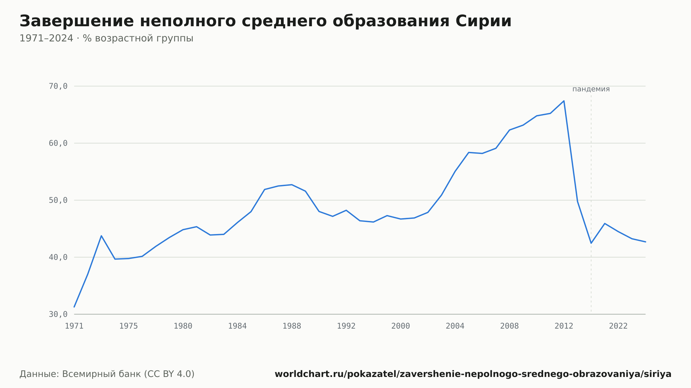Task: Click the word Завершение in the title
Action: click(x=77, y=21)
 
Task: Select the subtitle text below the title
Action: click(x=106, y=38)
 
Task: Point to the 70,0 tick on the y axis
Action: click(x=58, y=86)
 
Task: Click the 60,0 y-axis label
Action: click(x=58, y=143)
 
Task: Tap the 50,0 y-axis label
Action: click(x=58, y=200)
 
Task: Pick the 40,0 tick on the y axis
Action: click(x=58, y=257)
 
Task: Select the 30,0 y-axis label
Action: click(x=58, y=314)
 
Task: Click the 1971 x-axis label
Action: click(x=74, y=326)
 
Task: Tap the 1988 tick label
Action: click(x=292, y=326)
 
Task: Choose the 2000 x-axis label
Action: click(x=401, y=326)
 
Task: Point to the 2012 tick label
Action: click(x=564, y=326)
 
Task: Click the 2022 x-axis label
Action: click(x=618, y=326)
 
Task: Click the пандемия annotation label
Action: click(x=591, y=89)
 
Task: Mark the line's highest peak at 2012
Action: click(x=564, y=101)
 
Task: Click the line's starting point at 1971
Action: click(x=74, y=307)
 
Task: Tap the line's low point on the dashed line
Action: click(x=591, y=243)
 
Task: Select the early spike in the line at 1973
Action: click(x=101, y=236)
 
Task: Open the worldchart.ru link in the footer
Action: click(x=473, y=374)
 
